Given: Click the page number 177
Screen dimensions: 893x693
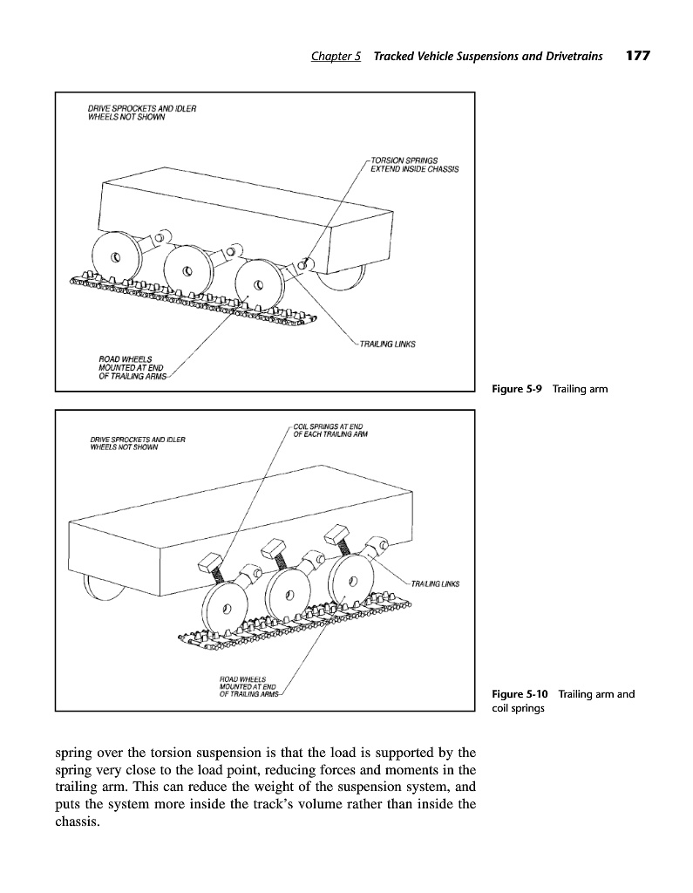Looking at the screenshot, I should [x=637, y=57].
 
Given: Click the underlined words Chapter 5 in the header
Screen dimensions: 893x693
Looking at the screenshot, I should [x=336, y=57].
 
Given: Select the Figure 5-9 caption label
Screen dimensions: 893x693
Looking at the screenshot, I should [x=516, y=389].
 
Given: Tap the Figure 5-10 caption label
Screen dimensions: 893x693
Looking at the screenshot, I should [x=520, y=694].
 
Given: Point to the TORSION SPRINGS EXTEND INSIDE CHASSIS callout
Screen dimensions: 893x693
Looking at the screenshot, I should [x=415, y=164].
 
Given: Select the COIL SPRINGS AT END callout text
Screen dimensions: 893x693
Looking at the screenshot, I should [x=328, y=429].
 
